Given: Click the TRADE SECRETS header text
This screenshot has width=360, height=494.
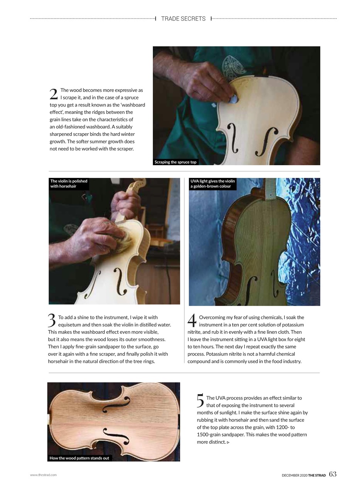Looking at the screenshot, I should coord(183,19).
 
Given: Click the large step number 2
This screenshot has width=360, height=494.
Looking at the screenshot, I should coord(54,94).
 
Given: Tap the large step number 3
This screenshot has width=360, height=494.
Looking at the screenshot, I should coord(52,320).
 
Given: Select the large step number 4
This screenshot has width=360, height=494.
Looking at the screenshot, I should coord(192,320).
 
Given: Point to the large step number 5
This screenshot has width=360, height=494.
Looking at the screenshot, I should coord(200,401).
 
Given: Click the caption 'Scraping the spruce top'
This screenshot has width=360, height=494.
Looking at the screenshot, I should coord(176,162).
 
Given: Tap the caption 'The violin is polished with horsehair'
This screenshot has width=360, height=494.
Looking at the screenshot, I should coord(69,184).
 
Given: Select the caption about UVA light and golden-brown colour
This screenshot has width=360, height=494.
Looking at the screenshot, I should coord(213,184).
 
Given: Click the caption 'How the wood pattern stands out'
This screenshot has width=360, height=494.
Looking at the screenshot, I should coord(79,458).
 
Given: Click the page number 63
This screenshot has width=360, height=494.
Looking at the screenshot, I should coord(333,474).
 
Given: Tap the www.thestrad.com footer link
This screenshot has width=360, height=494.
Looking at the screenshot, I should coord(43,475).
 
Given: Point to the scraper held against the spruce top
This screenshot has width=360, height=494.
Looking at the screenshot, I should coord(233,100).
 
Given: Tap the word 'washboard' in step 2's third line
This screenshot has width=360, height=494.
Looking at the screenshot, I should coord(134,105).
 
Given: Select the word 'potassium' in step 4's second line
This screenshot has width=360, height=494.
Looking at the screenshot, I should coord(293,325).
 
